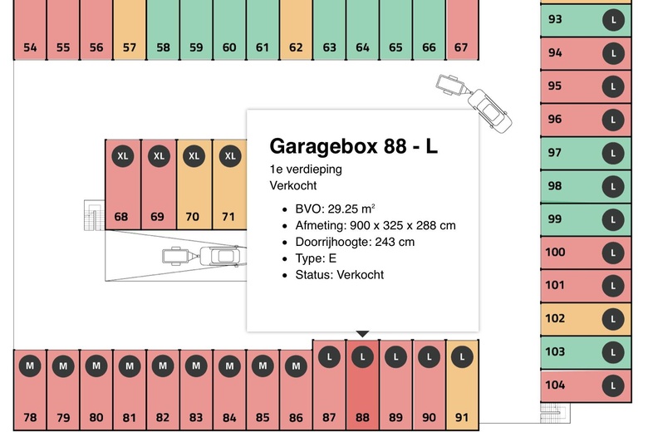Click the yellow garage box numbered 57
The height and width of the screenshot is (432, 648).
click(130, 30)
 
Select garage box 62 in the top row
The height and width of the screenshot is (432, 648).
click(296, 30)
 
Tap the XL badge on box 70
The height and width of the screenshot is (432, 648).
click(194, 156)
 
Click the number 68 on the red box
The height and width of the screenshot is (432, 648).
click(121, 217)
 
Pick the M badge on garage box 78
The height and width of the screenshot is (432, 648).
click(30, 366)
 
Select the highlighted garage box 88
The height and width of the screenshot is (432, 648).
click(362, 385)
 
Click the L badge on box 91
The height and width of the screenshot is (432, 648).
click(462, 356)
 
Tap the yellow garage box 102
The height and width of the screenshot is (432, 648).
click(586, 319)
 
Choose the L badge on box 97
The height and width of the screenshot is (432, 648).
click(613, 154)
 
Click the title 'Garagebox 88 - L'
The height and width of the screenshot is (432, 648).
click(353, 146)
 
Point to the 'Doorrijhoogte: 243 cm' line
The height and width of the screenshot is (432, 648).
click(355, 242)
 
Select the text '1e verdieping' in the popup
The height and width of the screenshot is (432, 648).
click(306, 169)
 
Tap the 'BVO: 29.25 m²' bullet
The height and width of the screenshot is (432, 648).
click(335, 209)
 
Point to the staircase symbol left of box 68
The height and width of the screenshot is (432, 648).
click(94, 215)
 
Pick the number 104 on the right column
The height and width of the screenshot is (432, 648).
click(555, 385)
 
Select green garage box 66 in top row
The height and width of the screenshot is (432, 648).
click(429, 30)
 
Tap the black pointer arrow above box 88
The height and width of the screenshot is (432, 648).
click(362, 334)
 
